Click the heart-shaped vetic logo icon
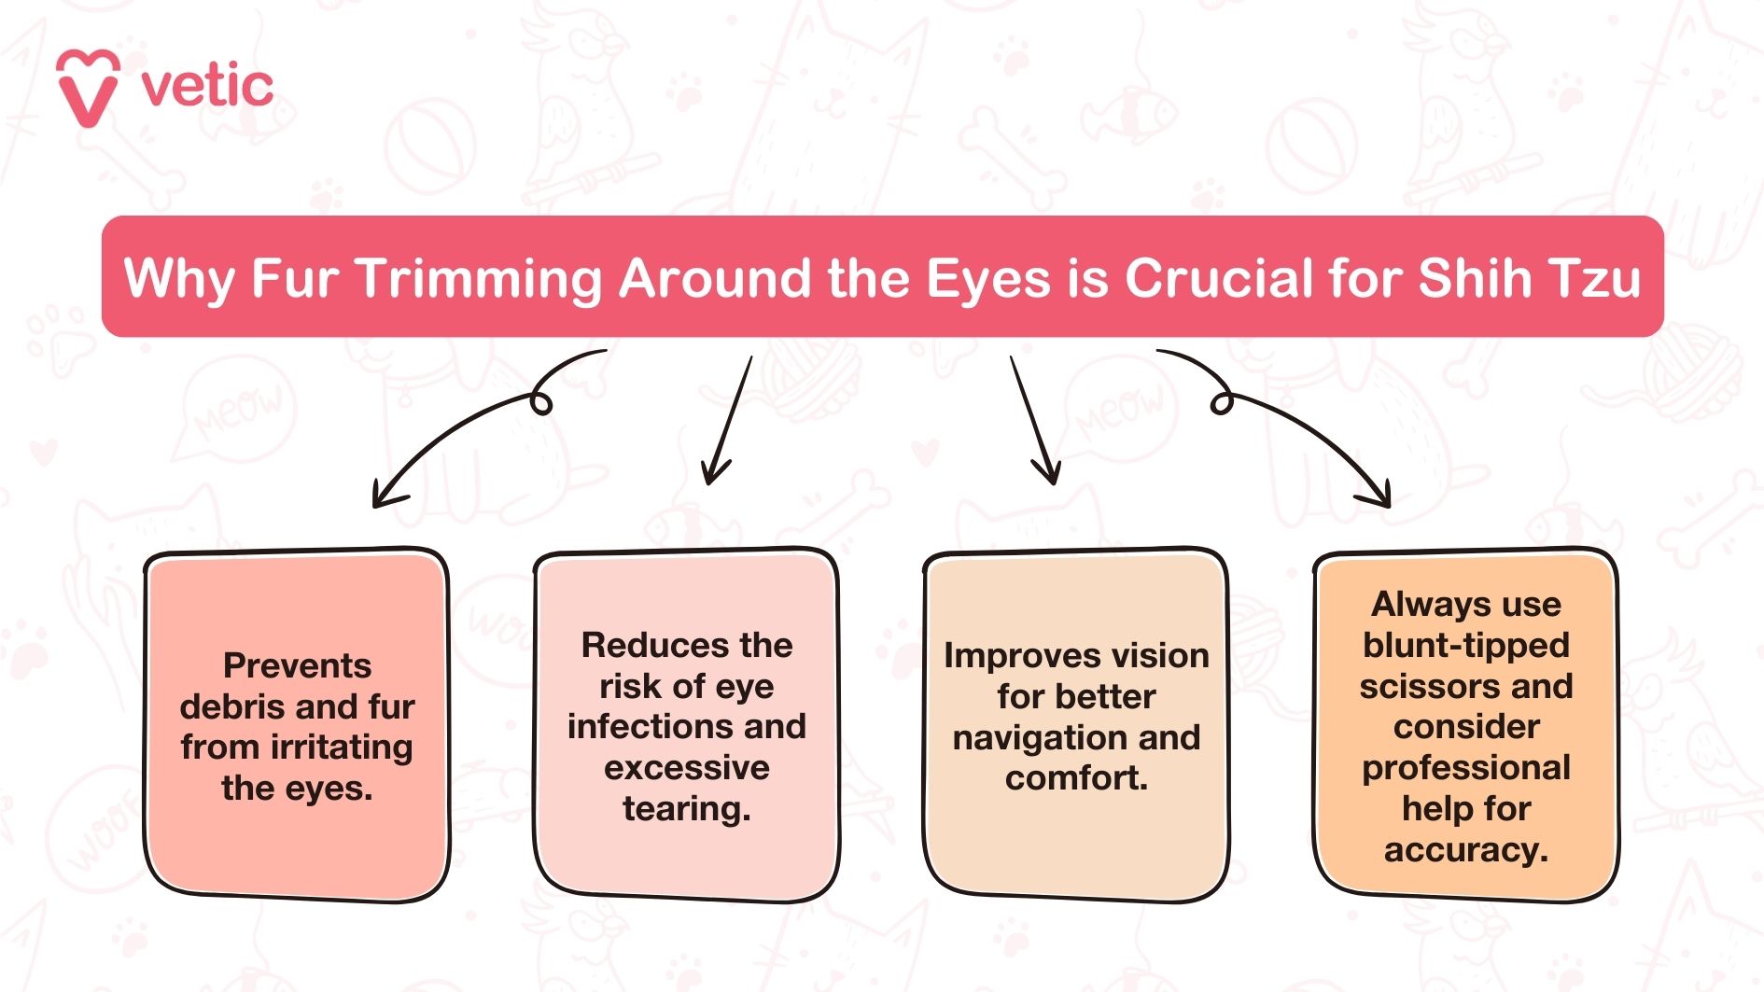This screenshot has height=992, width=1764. pyautogui.click(x=88, y=88)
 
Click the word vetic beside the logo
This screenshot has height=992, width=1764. pyautogui.click(x=207, y=87)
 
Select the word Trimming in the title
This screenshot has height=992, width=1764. pyautogui.click(x=480, y=278)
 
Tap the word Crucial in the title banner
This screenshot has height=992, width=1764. pyautogui.click(x=1219, y=278)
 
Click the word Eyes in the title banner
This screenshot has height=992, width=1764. pyautogui.click(x=988, y=278)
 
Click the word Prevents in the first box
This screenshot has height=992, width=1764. pyautogui.click(x=297, y=665)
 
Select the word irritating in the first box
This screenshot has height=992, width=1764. pyautogui.click(x=342, y=747)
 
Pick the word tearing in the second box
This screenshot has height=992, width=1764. pyautogui.click(x=686, y=808)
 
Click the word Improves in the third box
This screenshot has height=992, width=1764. pyautogui.click(x=1013, y=655)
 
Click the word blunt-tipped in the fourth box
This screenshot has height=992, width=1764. pyautogui.click(x=1465, y=645)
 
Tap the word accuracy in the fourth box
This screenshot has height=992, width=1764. pyautogui.click(x=1465, y=850)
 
